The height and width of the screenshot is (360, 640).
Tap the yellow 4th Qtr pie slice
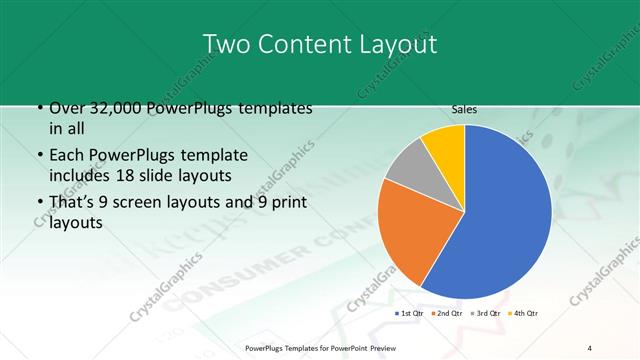(443, 143)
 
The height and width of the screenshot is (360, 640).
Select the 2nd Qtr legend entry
(447, 314)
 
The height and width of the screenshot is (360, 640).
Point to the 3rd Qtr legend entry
(484, 314)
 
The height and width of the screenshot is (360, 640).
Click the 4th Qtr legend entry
(522, 314)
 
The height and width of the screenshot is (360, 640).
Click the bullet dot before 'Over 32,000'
(39, 108)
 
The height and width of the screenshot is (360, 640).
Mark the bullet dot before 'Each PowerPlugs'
(39, 156)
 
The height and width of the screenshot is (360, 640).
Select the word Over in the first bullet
(65, 108)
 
